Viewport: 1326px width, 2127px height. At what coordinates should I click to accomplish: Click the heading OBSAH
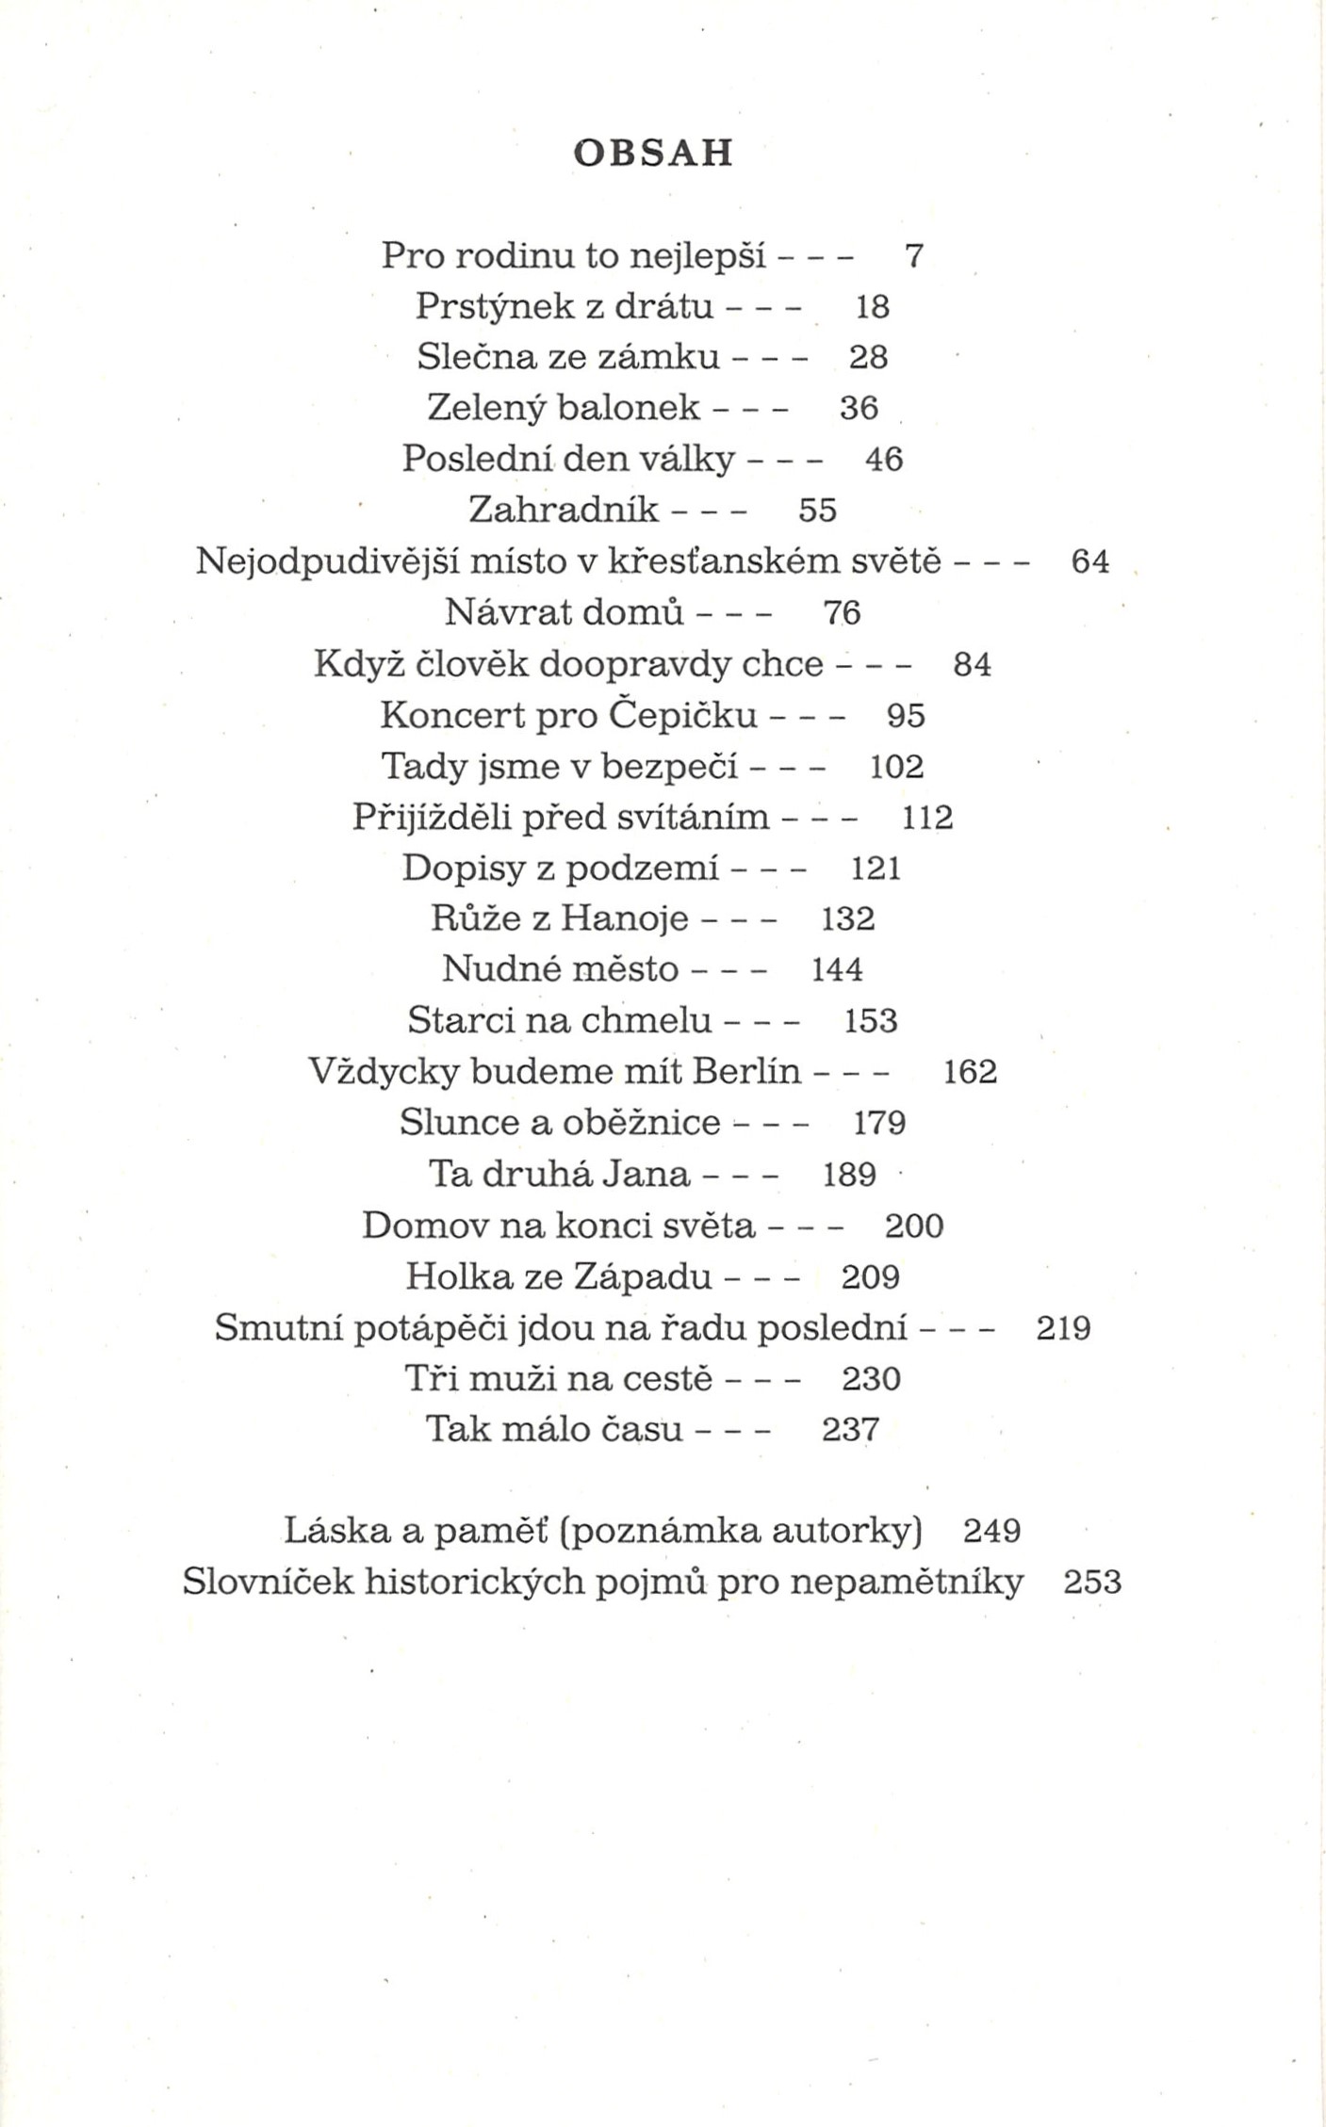[653, 153]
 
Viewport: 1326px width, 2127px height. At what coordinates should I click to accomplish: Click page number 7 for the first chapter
[913, 255]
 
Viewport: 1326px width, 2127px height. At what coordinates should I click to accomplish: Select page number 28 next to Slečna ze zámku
[868, 358]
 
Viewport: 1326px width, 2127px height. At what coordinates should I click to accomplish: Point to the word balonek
[629, 409]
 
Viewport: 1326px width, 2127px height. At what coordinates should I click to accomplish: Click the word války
[687, 460]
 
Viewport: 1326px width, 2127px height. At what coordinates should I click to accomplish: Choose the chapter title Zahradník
[564, 511]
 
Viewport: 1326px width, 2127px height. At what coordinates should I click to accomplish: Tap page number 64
[1090, 562]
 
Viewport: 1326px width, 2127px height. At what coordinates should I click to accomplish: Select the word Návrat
[507, 613]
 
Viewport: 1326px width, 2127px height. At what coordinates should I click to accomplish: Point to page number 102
[896, 767]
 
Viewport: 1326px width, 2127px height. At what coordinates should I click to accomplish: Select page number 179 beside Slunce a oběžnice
[879, 1123]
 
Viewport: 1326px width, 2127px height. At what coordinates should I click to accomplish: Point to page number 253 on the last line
[1092, 1582]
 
